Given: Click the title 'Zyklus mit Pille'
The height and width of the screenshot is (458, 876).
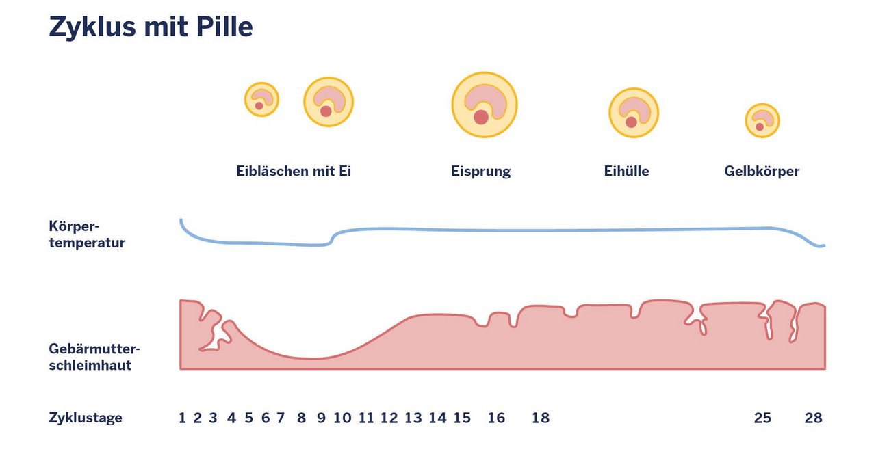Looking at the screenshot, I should tap(151, 27).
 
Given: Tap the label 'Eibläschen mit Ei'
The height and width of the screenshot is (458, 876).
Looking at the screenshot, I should tap(294, 172).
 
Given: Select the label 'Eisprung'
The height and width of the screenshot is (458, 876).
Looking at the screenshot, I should tap(480, 172).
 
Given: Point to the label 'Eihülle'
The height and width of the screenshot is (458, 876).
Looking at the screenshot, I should tap(626, 172).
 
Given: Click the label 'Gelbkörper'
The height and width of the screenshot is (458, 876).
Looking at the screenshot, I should tap(762, 172).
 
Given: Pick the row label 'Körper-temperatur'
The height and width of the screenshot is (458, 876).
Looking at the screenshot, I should tap(87, 234).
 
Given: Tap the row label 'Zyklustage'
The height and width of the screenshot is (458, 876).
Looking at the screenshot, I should tap(86, 418).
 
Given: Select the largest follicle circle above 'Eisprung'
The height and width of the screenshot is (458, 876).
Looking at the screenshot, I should tap(484, 105).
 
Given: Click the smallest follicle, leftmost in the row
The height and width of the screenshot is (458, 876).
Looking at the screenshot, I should tap(261, 100).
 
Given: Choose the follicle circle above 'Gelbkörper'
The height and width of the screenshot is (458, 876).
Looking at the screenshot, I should tap(762, 121).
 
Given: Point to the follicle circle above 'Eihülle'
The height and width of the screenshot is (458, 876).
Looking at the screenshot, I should tap(634, 113).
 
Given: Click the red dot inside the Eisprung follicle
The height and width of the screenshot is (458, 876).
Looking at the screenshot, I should tap(481, 117).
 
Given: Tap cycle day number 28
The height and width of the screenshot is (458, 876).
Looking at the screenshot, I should tap(813, 418).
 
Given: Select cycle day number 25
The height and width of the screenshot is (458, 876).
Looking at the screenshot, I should tap(762, 418).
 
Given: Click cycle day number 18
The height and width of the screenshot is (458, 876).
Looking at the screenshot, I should tap(541, 418).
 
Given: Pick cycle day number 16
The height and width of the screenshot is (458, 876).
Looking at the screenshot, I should tap(496, 418).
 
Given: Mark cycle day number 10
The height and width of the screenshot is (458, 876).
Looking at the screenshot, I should tap(342, 418).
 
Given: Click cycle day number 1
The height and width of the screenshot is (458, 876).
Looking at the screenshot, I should tap(182, 418).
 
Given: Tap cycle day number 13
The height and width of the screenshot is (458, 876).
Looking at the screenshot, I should tap(413, 418).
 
